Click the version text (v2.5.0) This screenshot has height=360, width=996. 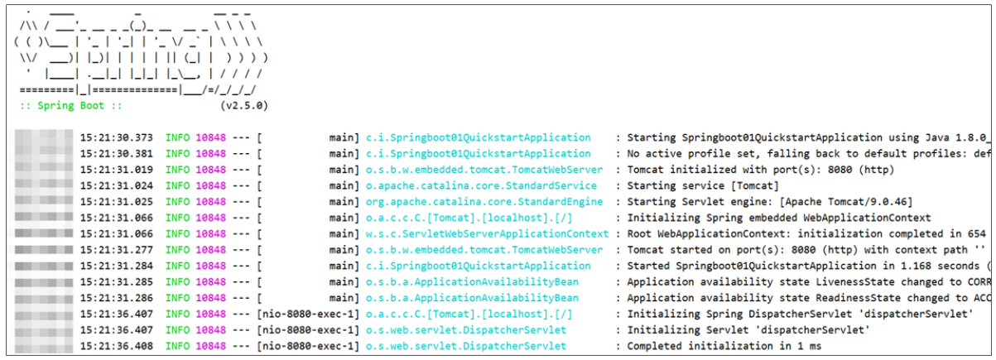[244, 106]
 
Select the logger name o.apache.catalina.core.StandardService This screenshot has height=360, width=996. [481, 186]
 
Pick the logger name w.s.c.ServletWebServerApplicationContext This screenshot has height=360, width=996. [487, 234]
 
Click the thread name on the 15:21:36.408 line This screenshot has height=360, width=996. [309, 345]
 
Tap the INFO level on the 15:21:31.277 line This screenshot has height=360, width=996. [178, 250]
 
